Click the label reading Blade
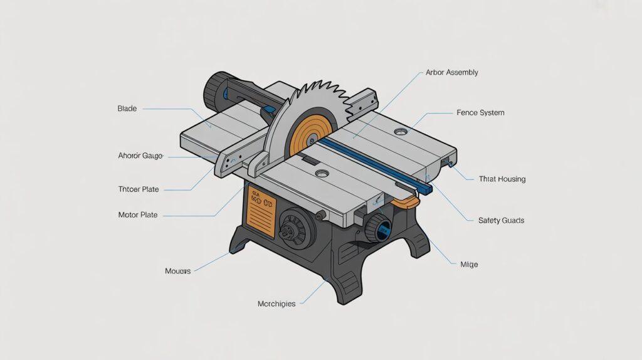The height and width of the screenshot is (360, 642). tap(127, 109)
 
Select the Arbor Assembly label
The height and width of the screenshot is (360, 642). tap(451, 73)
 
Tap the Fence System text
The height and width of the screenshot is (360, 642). tap(480, 113)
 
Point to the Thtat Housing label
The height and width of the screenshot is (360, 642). tap(502, 179)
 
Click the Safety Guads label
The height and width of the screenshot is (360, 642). tap(501, 221)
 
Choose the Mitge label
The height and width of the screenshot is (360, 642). tap(468, 265)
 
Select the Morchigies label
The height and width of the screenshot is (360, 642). tap(276, 304)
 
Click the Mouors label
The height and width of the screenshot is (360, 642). tap(177, 272)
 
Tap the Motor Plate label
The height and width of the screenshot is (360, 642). tap(137, 215)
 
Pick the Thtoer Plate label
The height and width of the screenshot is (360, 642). tap(139, 189)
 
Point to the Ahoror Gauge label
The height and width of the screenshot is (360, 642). tap(140, 156)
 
